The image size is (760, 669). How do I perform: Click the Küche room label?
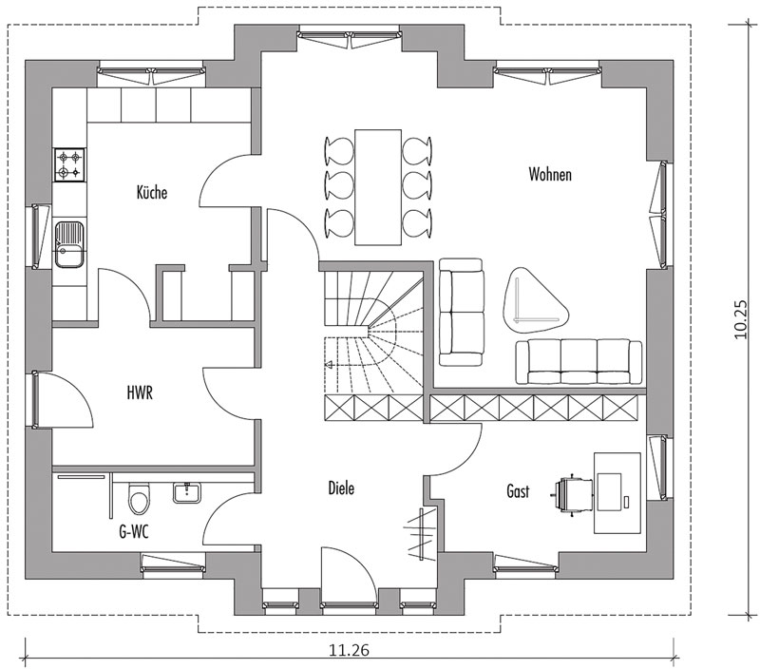tap(152, 193)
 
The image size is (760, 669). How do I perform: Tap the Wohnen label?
tap(550, 174)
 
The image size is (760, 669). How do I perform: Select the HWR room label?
tap(140, 392)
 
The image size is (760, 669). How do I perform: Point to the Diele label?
tap(341, 487)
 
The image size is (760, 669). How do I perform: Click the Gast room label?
tap(518, 491)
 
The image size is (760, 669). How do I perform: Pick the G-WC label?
tap(134, 532)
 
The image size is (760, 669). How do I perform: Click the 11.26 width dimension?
tap(349, 649)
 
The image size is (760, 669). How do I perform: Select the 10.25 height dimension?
tap(741, 319)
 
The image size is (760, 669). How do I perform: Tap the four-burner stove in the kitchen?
tap(68, 164)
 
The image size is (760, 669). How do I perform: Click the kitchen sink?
tap(68, 244)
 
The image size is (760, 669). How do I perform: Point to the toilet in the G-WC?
tap(139, 498)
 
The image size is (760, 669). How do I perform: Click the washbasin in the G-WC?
tap(186, 492)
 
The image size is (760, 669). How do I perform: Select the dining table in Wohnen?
tap(378, 187)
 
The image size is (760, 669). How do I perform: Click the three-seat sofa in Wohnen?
tap(579, 363)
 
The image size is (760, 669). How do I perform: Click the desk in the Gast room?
tap(617, 493)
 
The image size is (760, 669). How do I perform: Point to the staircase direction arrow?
tap(329, 365)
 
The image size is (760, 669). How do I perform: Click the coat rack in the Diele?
tap(420, 534)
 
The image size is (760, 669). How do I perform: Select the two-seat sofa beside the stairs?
tap(462, 312)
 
